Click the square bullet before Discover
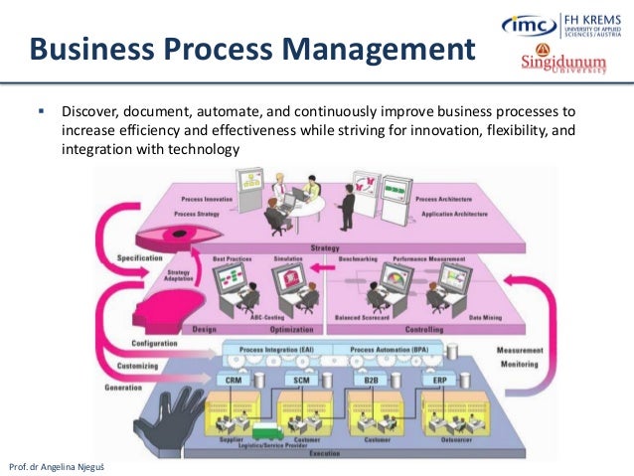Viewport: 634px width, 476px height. point(42,111)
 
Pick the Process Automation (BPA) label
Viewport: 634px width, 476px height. point(390,352)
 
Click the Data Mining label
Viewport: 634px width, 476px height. point(484,318)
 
